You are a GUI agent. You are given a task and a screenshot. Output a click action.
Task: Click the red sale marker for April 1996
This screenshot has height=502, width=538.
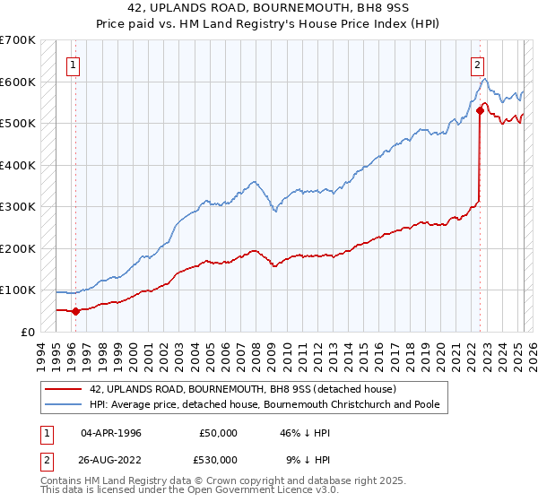75,312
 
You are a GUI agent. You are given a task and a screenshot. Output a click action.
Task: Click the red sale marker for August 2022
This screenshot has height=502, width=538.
481,112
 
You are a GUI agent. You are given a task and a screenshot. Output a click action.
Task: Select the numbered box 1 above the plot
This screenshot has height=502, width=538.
72,64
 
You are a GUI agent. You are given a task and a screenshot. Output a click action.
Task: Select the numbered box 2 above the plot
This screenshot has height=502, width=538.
478,64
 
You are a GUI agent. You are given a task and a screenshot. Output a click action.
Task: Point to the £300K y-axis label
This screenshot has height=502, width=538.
20,206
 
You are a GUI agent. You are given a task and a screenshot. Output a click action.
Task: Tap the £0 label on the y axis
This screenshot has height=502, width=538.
27,332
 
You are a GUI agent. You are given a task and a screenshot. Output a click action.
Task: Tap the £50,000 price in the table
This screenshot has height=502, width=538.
219,432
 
